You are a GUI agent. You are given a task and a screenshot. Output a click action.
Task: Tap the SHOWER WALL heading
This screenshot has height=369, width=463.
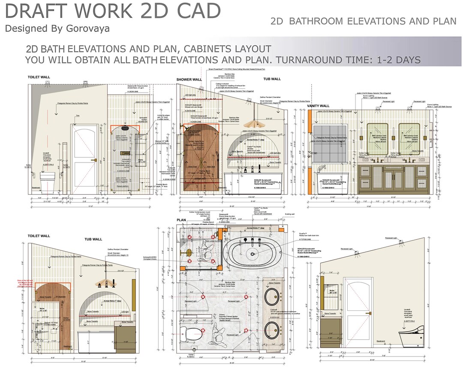[x=189, y=79]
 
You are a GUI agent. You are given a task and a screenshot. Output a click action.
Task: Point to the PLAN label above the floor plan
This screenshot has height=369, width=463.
[x=181, y=220]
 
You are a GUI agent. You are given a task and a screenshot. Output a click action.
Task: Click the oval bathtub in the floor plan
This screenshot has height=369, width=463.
[x=253, y=251]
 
